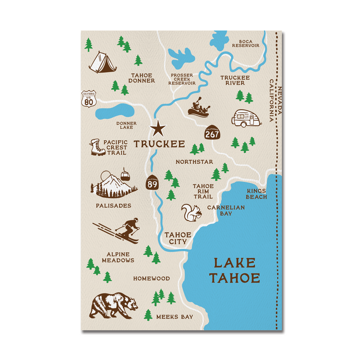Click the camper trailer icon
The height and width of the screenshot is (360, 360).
(246, 118)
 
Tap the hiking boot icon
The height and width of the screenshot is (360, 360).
(97, 147)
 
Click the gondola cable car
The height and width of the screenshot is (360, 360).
(125, 175)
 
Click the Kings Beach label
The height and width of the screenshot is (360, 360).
(256, 194)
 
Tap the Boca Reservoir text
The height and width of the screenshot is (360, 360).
(245, 43)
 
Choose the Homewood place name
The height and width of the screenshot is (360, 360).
(151, 279)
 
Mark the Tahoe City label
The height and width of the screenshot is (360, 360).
(178, 238)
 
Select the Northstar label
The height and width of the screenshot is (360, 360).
(194, 162)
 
